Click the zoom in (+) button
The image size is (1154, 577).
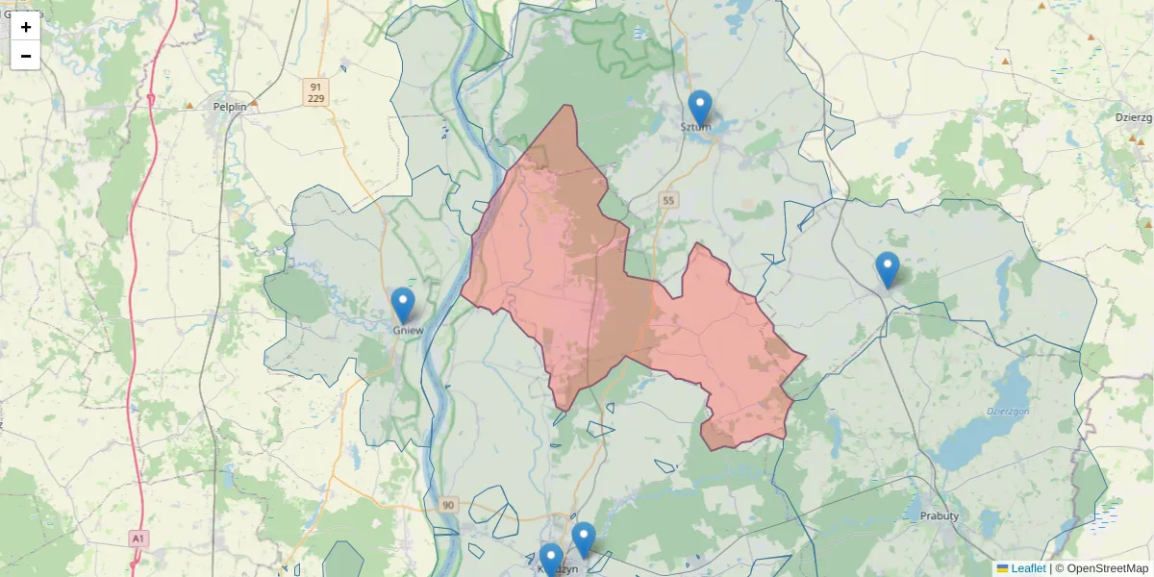26,27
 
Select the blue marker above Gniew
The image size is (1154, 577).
403,305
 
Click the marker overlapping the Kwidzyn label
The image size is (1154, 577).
551,560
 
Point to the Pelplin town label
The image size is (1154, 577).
230,107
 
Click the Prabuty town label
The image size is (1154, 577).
940,516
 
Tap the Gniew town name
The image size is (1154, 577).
408,330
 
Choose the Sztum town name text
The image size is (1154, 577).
695,126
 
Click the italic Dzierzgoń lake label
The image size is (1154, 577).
1008,412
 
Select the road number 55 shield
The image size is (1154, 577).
668,200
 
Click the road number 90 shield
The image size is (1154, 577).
449,505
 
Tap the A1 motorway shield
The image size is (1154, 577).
138,538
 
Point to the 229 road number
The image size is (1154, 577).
316,99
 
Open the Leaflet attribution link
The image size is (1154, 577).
1028,568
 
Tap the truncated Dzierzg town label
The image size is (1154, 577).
1134,116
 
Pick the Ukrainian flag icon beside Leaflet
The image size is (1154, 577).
1002,568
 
